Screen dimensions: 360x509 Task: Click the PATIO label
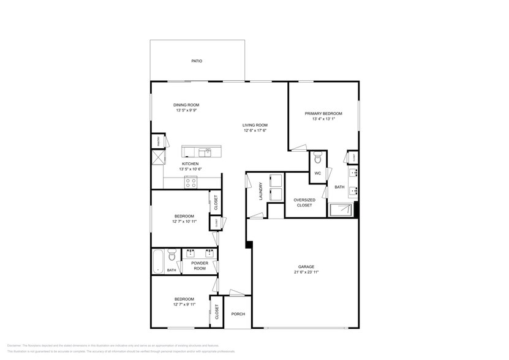(197, 61)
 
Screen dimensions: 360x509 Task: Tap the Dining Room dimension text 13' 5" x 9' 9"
(187, 111)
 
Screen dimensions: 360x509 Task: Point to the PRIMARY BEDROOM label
(323, 114)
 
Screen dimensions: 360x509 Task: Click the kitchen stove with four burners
(191, 181)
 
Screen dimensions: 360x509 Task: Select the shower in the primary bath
(341, 210)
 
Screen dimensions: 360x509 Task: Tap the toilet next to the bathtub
(172, 254)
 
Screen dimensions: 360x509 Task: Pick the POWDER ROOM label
(200, 265)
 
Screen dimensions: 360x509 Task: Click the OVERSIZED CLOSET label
(304, 203)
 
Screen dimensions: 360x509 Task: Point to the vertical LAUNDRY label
(261, 191)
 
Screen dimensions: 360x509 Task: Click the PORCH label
(238, 314)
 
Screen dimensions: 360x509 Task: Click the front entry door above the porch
(236, 293)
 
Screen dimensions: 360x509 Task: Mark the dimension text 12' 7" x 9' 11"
(184, 304)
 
